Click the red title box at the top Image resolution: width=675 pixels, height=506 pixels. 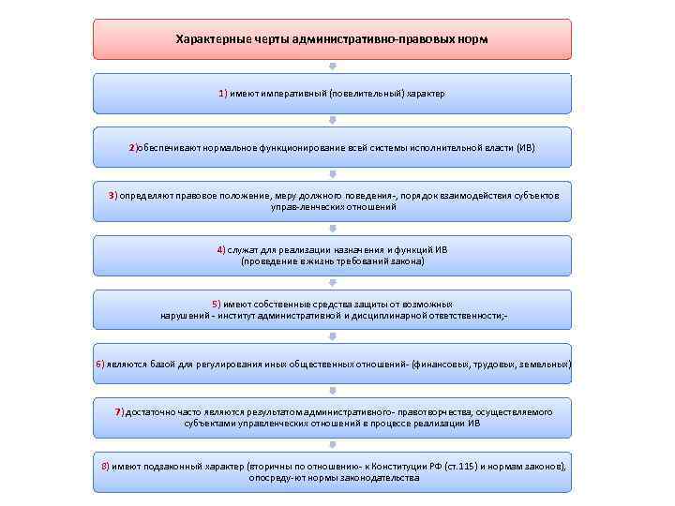click(x=332, y=39)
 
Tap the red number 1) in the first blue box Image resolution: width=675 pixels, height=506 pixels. click(x=223, y=94)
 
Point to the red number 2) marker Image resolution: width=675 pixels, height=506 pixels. click(x=133, y=148)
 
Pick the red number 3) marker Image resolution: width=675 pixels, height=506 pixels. click(x=112, y=196)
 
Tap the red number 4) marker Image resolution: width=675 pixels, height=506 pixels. click(x=220, y=250)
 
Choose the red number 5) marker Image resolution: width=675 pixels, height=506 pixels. click(x=217, y=305)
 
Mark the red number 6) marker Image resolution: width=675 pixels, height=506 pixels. click(x=99, y=363)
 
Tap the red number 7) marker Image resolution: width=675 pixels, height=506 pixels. click(x=119, y=412)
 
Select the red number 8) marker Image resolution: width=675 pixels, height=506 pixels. click(x=106, y=466)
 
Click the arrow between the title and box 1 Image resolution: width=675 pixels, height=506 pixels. click(x=332, y=67)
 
